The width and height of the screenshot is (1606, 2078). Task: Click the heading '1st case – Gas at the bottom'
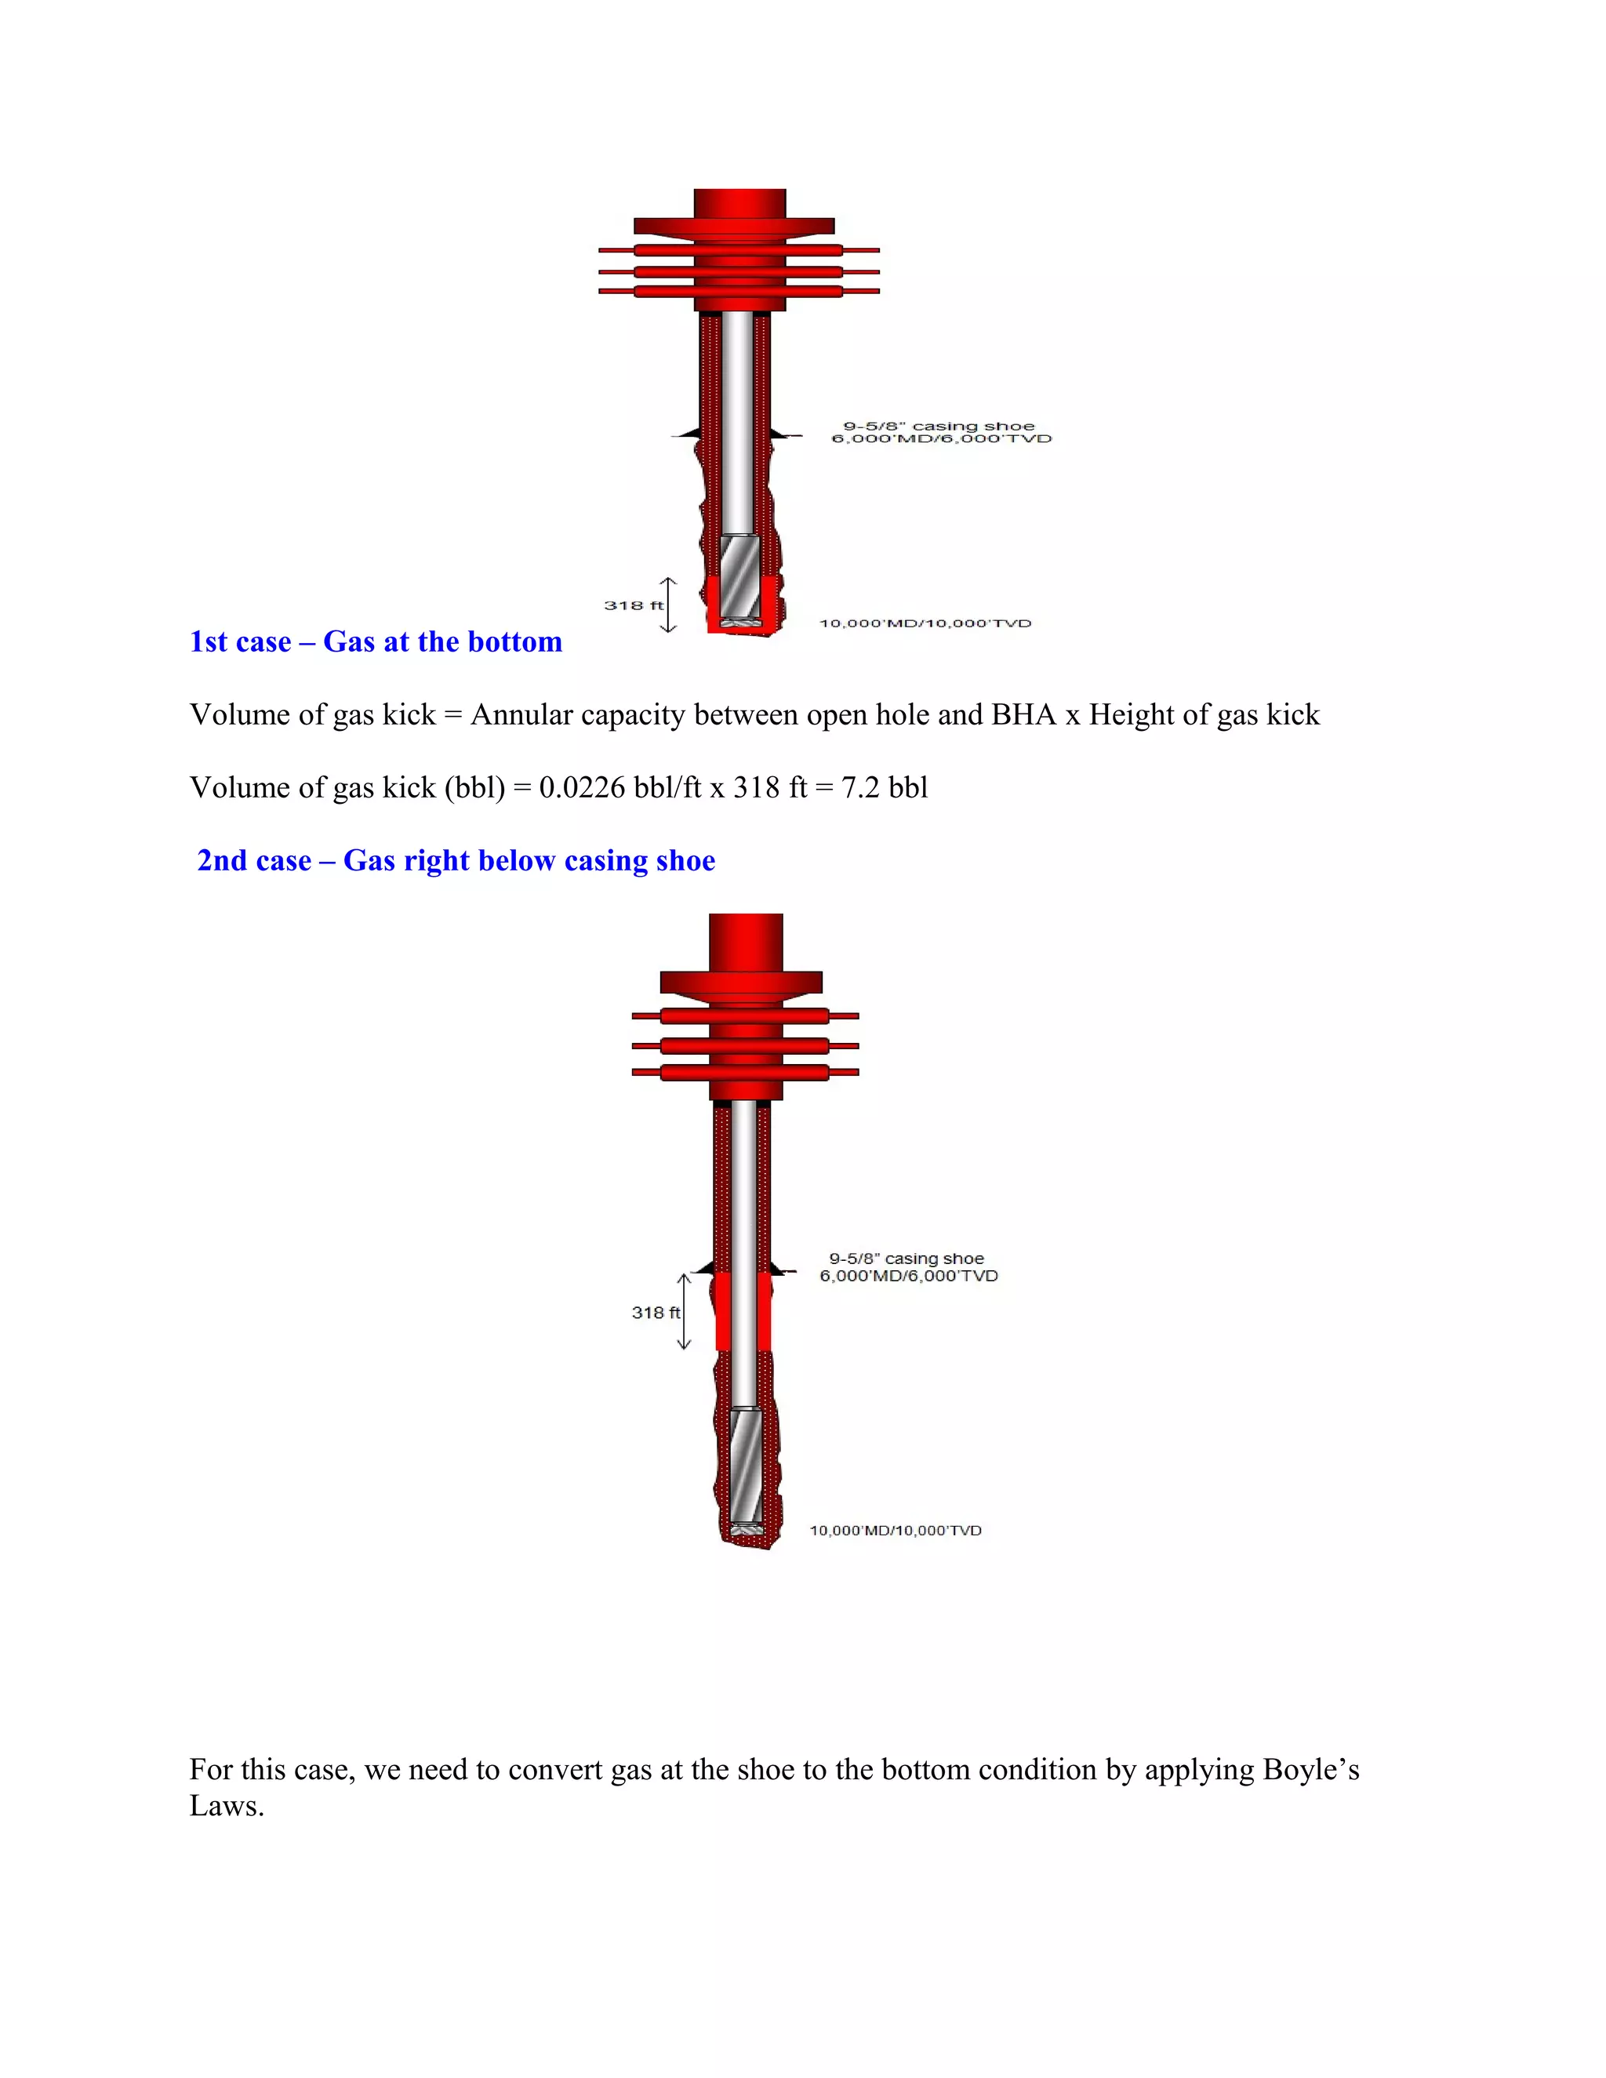click(376, 642)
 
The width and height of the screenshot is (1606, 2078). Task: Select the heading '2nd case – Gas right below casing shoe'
click(456, 860)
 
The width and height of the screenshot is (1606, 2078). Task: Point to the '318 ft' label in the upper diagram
click(633, 605)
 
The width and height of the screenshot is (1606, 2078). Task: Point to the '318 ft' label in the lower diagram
click(656, 1312)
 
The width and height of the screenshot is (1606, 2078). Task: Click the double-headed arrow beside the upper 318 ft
click(669, 605)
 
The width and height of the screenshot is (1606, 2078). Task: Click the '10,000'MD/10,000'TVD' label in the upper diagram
click(925, 623)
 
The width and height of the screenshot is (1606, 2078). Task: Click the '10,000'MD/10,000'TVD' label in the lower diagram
click(896, 1530)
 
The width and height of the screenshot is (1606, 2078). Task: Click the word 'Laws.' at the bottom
click(227, 1807)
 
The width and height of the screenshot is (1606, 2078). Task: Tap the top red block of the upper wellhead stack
click(739, 202)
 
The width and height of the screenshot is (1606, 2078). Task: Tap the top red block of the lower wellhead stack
click(746, 940)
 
